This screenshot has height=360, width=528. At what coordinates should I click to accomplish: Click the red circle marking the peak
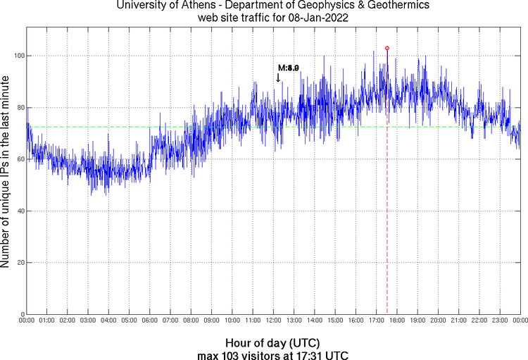click(386, 48)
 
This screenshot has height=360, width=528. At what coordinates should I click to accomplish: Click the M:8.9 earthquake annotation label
click(289, 68)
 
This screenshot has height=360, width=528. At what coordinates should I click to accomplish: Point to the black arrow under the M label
click(278, 77)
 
